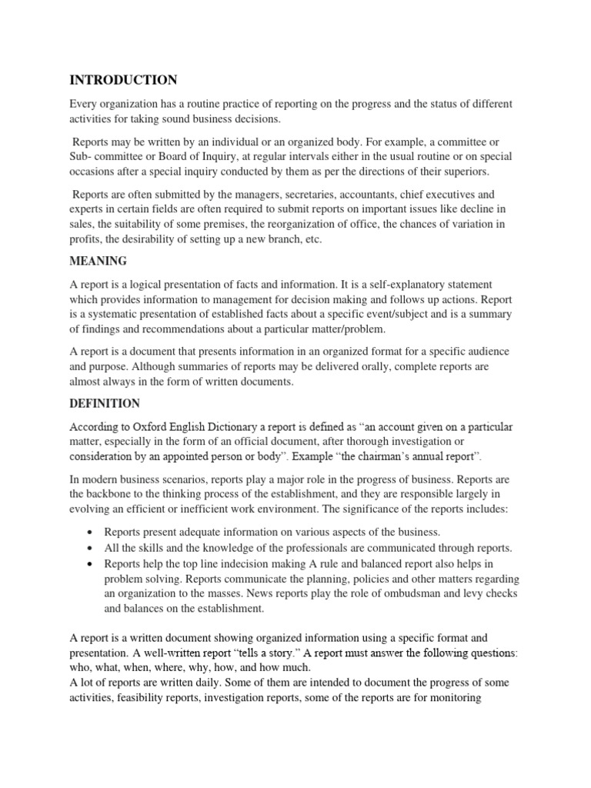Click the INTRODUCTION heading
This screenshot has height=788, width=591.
pos(123,80)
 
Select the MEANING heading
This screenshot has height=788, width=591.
pos(98,262)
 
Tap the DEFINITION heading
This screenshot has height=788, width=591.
pos(105,403)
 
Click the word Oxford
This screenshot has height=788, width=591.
pos(149,427)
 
